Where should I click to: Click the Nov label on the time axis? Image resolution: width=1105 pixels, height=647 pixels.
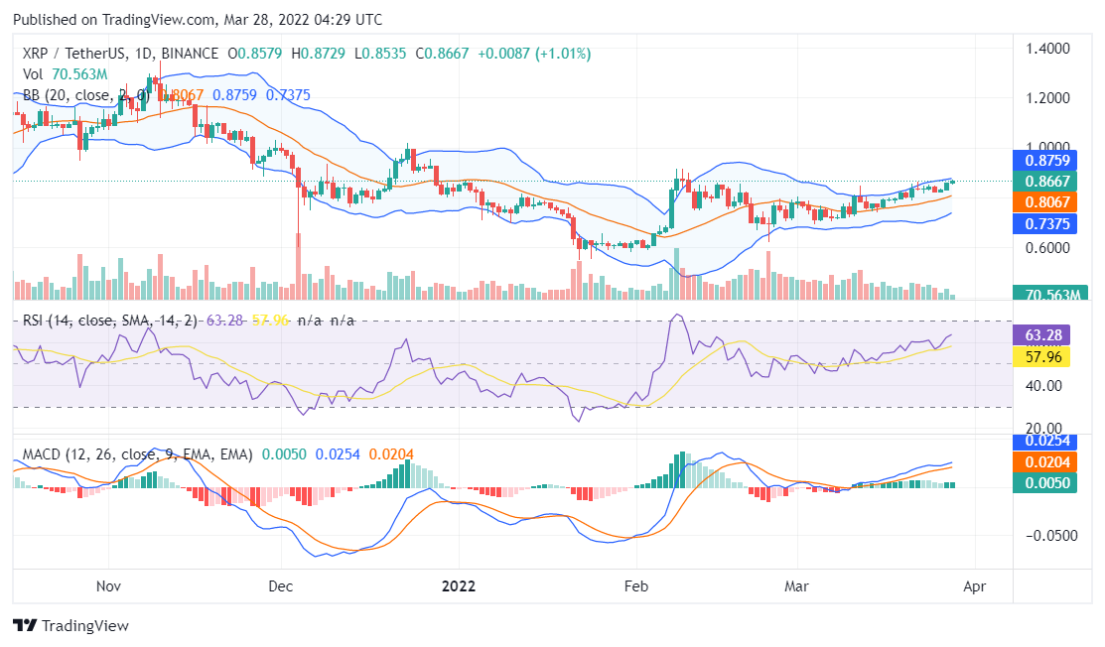point(111,585)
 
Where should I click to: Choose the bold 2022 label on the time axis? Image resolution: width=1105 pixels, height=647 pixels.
point(458,585)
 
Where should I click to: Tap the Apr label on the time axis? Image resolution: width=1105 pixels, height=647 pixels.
point(974,585)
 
